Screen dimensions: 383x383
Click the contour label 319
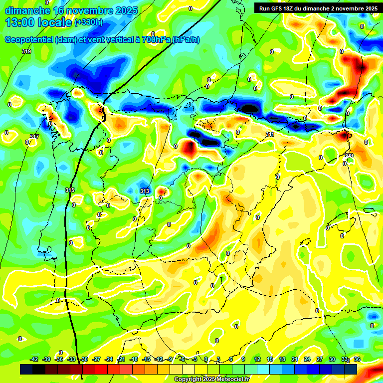click(26, 51)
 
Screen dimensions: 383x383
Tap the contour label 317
click(34, 137)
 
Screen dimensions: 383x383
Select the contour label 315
click(70, 190)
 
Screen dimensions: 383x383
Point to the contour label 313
click(145, 191)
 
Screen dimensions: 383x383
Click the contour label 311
click(270, 134)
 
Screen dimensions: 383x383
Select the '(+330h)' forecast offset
click(88, 22)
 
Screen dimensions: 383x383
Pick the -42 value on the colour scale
click(34, 359)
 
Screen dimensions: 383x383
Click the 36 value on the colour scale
click(357, 359)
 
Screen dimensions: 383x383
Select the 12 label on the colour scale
click(257, 359)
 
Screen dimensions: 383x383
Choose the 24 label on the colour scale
click(307, 359)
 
